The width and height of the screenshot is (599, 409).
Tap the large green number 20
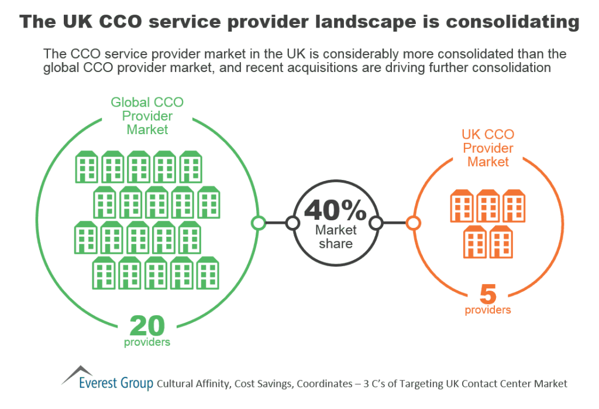(x=147, y=325)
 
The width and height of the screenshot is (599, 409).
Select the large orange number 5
(x=488, y=293)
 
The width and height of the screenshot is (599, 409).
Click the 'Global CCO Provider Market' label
(x=147, y=115)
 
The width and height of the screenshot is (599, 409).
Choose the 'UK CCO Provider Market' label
(x=488, y=148)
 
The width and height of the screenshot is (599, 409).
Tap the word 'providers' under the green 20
(x=147, y=342)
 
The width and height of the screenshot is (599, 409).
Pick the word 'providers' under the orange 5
(x=488, y=309)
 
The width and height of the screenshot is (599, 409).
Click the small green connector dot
(x=258, y=223)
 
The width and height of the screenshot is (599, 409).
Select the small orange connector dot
(x=413, y=223)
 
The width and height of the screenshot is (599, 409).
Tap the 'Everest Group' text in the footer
(x=116, y=384)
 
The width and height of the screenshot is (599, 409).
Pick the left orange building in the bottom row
(x=475, y=241)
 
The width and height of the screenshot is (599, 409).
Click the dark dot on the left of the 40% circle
(x=292, y=223)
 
